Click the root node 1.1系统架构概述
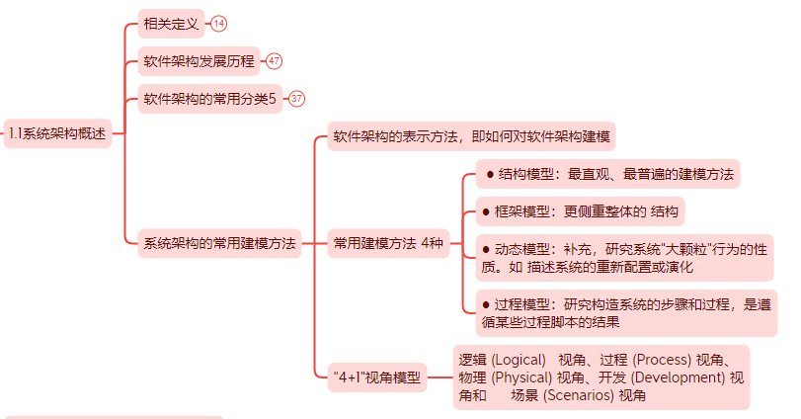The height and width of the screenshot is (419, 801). point(56,133)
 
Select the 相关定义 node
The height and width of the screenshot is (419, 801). point(171,24)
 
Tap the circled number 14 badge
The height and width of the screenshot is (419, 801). point(218,24)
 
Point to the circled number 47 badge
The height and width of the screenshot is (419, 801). point(274,61)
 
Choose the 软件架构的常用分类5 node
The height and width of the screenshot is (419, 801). point(210,99)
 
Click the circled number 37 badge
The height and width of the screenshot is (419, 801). point(296,99)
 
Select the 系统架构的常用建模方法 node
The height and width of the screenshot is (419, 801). point(219,243)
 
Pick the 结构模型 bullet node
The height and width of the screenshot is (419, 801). point(609,175)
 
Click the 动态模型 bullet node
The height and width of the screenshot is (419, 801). point(623,257)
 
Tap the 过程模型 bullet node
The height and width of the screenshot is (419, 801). point(625,312)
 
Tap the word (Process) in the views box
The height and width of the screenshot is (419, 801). point(662,360)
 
